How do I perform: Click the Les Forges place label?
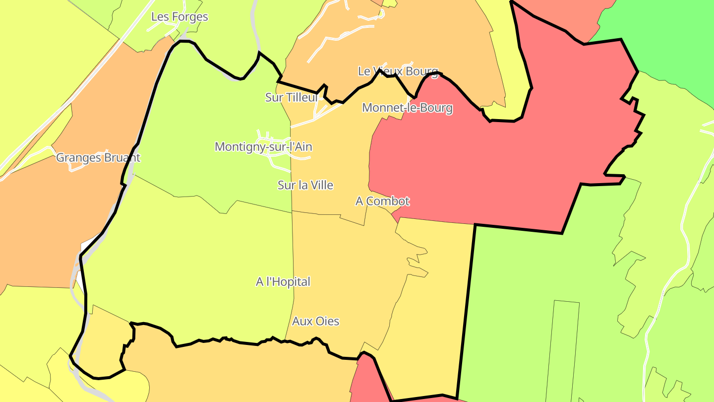179,17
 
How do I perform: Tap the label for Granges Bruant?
98,158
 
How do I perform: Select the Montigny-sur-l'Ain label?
263,147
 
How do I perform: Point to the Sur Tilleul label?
291,98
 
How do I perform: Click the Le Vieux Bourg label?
398,71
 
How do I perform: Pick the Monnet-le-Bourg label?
407,108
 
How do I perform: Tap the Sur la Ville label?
305,186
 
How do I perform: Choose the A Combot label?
382,201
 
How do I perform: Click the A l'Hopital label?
283,282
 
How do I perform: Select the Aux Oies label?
316,322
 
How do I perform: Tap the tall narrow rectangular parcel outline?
563,347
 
